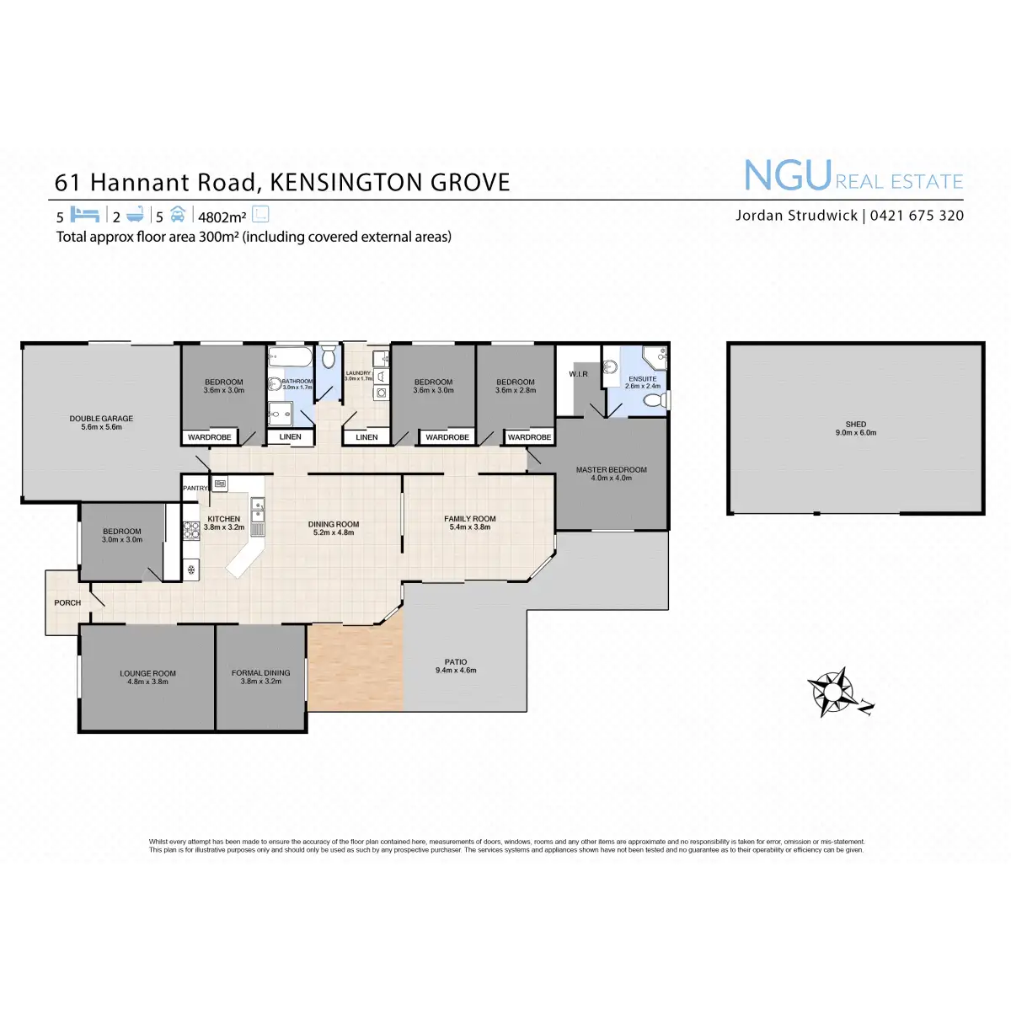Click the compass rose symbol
pyautogui.click(x=832, y=692)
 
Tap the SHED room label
pyautogui.click(x=855, y=424)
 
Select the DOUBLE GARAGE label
pyautogui.click(x=101, y=418)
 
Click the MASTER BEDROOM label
pyautogui.click(x=611, y=469)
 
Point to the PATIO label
pyautogui.click(x=456, y=662)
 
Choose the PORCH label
pyautogui.click(x=67, y=602)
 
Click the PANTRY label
pyautogui.click(x=195, y=488)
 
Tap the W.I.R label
pyautogui.click(x=578, y=374)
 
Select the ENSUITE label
pyautogui.click(x=642, y=379)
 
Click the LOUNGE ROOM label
pyautogui.click(x=147, y=673)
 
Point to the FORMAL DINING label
pyautogui.click(x=260, y=672)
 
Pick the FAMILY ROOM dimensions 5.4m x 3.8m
pyautogui.click(x=470, y=527)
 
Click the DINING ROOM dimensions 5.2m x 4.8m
pyautogui.click(x=334, y=532)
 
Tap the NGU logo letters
pyautogui.click(x=788, y=176)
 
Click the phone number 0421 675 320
pyautogui.click(x=917, y=215)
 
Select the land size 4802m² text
pyautogui.click(x=222, y=217)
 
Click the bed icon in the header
pyautogui.click(x=85, y=215)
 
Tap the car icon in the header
pyautogui.click(x=177, y=215)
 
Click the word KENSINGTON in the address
pyautogui.click(x=348, y=183)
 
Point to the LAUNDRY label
pyautogui.click(x=358, y=372)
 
